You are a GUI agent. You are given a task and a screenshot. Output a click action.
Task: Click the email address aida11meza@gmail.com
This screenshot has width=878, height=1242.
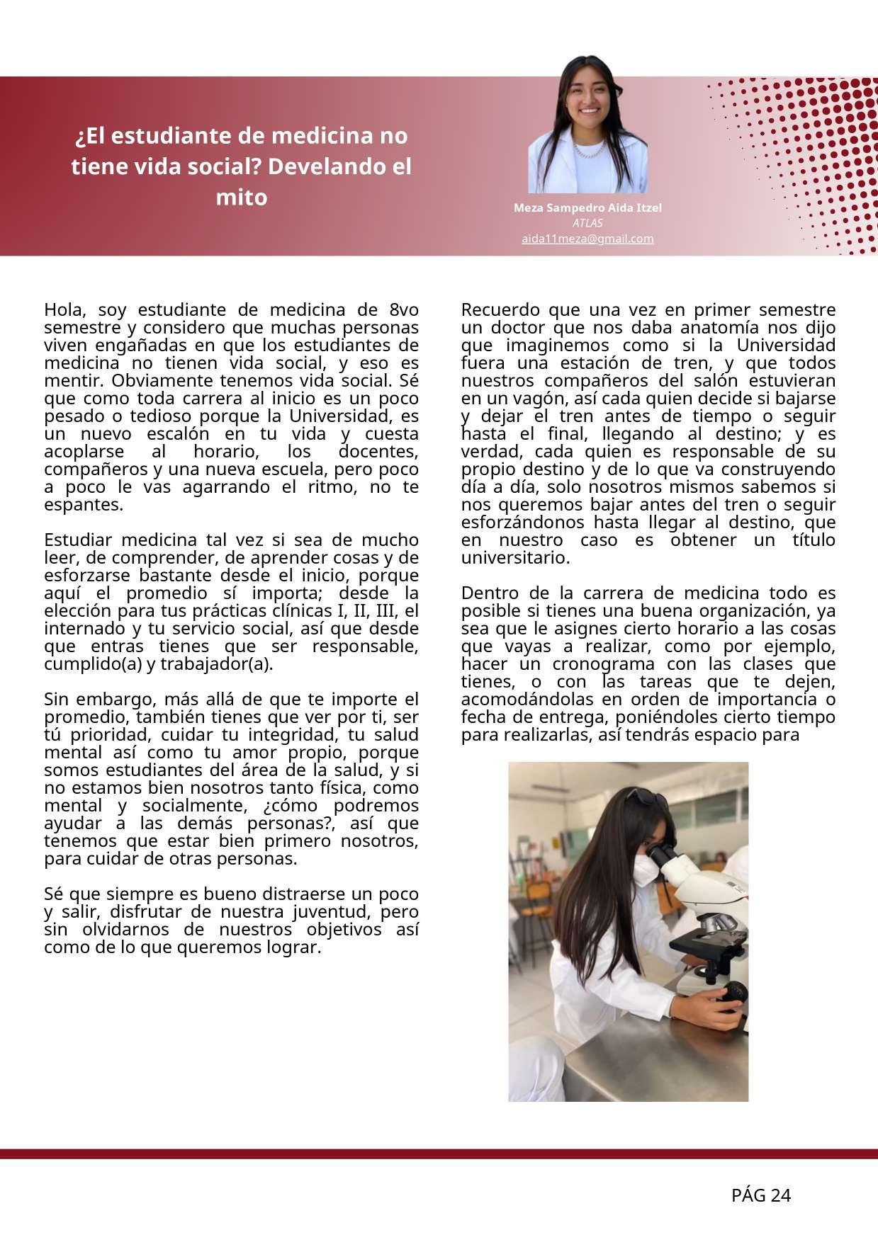(587, 239)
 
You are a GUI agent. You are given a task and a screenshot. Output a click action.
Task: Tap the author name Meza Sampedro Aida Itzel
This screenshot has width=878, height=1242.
(587, 208)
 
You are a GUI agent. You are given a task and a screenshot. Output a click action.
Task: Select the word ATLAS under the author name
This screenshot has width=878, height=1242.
(587, 223)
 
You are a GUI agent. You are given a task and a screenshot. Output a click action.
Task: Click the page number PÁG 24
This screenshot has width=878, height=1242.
(760, 1196)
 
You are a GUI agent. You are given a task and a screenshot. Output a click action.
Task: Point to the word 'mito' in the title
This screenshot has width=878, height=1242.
(241, 198)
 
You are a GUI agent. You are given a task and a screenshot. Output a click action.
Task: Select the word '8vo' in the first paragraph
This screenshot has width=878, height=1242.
(403, 310)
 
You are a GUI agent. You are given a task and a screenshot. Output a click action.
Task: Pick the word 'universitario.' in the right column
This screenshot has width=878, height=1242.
(515, 558)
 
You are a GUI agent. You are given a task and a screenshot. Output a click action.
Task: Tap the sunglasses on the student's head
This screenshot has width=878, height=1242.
(646, 798)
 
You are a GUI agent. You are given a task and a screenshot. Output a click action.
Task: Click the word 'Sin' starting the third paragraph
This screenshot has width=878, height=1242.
(57, 700)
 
